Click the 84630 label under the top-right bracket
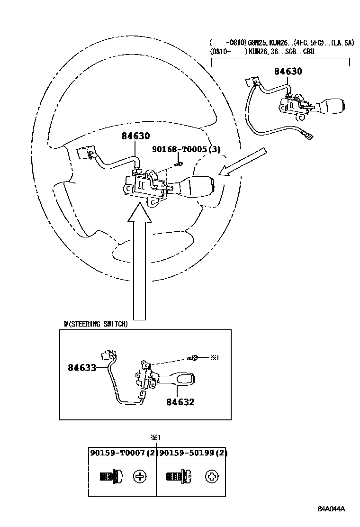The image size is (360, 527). tap(288, 72)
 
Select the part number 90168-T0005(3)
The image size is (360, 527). tap(186, 149)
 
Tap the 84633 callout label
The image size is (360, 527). tap(81, 367)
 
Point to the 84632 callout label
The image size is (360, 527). tap(180, 402)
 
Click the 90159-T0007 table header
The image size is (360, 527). tap(123, 453)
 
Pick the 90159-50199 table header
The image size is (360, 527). tap(192, 453)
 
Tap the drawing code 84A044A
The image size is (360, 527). tap(331, 509)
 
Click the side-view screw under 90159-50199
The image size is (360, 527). tap(178, 476)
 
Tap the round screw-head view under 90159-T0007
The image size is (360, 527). tap(140, 476)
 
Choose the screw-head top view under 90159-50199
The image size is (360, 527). tap(211, 476)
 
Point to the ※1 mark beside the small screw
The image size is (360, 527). tap(215, 357)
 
